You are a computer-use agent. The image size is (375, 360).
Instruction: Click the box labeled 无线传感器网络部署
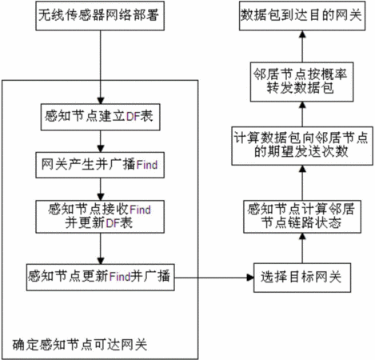(100, 16)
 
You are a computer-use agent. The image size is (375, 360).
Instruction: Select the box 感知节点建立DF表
(100, 117)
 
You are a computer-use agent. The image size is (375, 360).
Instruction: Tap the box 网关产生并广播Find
(100, 165)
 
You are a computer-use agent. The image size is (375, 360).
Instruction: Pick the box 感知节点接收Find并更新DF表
(100, 217)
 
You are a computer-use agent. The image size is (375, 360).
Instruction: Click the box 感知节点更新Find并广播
(100, 278)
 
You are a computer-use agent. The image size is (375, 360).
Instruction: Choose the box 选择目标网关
(302, 278)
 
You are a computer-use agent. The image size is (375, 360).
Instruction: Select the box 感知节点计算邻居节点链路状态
(302, 217)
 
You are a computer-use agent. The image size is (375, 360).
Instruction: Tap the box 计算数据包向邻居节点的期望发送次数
(302, 146)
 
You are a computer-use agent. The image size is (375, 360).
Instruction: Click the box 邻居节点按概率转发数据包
(302, 82)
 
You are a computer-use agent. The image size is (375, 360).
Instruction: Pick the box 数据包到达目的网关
(302, 16)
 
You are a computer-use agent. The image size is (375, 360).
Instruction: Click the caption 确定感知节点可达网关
(80, 345)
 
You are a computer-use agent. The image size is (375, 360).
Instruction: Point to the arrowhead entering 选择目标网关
(250, 278)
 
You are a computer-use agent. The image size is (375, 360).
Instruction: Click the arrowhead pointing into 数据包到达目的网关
(302, 34)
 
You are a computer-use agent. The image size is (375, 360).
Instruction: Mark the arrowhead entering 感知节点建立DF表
(101, 100)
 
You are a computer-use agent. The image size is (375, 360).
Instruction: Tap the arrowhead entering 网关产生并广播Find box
(101, 149)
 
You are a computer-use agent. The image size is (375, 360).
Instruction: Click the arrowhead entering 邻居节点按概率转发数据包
(302, 105)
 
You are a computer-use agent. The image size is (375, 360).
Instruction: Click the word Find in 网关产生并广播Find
(147, 165)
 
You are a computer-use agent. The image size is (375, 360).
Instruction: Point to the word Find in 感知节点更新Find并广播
(120, 277)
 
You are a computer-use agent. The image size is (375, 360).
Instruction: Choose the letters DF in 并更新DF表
(113, 223)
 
